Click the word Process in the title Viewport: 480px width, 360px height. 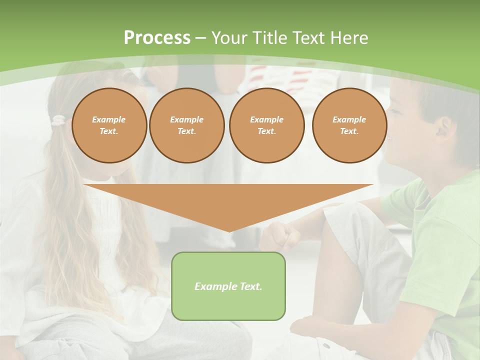(157, 38)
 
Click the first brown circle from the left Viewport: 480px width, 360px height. (109, 125)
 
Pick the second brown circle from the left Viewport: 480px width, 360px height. (187, 125)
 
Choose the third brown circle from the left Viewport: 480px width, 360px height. (267, 125)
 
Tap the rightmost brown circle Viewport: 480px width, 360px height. (349, 125)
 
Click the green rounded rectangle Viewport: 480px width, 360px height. (228, 286)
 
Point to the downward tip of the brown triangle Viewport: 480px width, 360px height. (229, 230)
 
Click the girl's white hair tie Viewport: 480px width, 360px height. (59, 120)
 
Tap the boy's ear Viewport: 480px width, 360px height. (443, 127)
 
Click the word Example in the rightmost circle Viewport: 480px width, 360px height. (349, 119)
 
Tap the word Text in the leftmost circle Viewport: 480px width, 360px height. (109, 131)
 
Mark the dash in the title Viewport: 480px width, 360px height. (200, 38)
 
